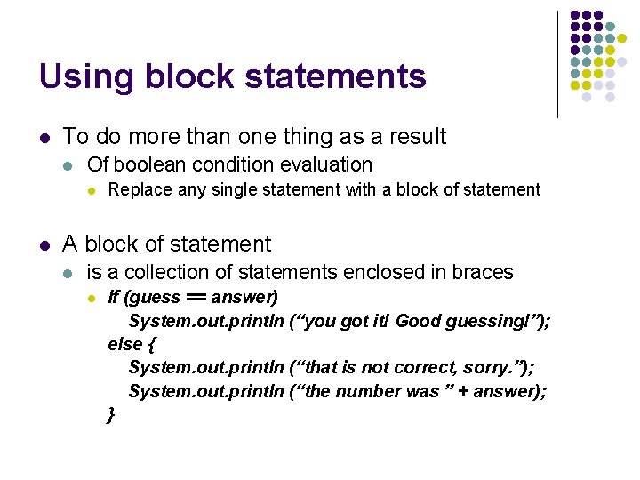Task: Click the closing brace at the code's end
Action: [110, 414]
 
